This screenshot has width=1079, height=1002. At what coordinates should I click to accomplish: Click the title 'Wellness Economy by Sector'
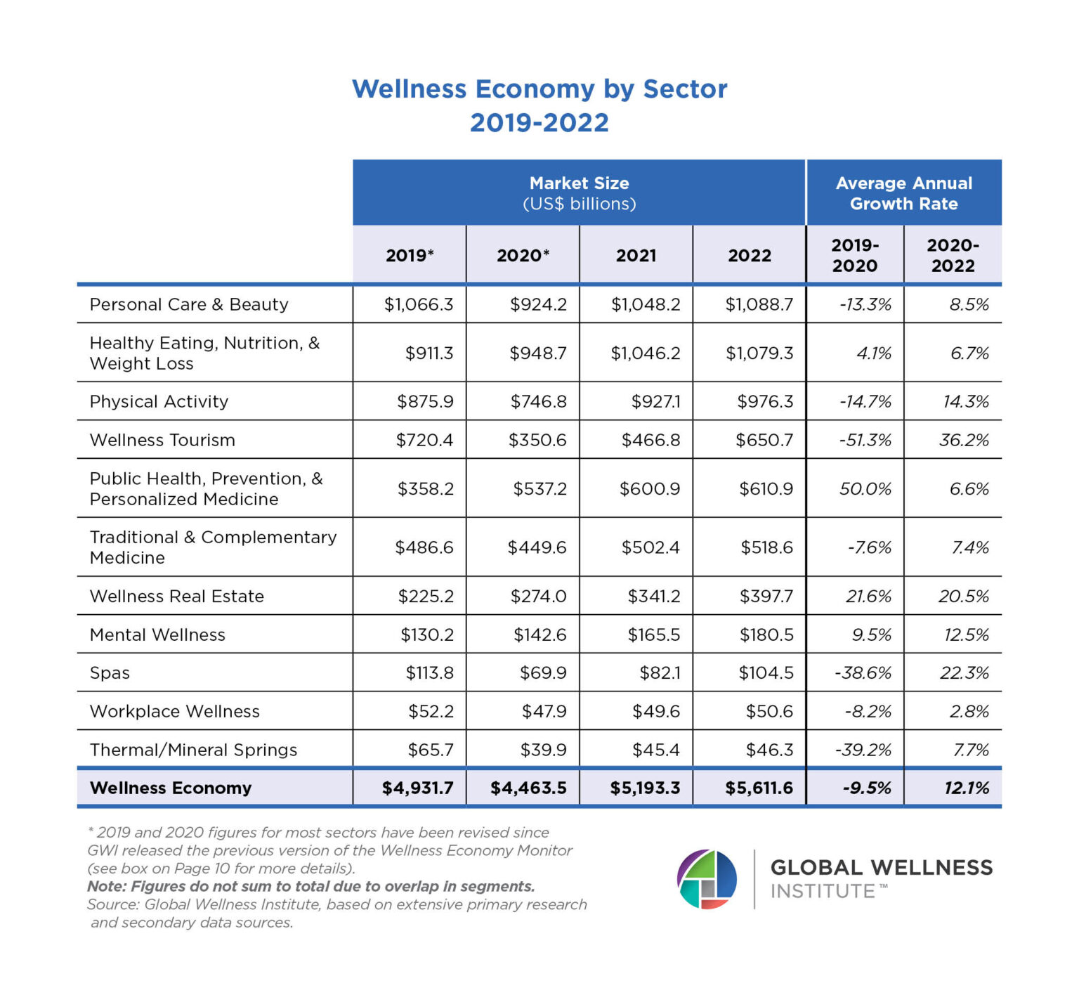point(539,89)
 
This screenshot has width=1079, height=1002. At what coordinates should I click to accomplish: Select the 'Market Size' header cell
point(579,193)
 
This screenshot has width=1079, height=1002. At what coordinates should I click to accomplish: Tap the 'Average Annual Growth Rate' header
point(903,193)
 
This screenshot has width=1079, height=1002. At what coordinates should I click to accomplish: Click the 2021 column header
point(636,255)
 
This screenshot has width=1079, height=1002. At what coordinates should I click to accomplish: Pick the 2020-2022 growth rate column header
point(953,255)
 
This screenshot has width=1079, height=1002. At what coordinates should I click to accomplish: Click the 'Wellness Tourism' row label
point(162,440)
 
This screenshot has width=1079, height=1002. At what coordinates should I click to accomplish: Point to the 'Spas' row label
point(110,672)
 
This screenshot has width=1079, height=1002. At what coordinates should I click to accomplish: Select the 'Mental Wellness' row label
point(157,635)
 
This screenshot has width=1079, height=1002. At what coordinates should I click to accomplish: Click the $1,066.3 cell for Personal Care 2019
point(418,304)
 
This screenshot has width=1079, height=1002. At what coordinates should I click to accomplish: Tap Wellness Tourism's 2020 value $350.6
point(537,440)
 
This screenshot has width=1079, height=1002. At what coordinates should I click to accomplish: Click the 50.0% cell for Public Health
point(865,488)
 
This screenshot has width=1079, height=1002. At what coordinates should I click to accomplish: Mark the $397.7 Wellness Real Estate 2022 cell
point(766,596)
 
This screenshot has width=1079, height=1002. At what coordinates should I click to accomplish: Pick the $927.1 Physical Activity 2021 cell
point(655,401)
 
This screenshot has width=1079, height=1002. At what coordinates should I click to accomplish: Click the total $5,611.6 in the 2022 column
point(759,788)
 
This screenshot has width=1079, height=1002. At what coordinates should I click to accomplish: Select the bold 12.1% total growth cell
point(966,788)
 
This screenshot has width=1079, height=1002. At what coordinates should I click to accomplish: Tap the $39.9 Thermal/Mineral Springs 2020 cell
point(543,750)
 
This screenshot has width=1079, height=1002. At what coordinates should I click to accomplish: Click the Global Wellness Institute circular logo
point(707,879)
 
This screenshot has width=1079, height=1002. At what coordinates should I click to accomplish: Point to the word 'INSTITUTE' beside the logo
point(823,891)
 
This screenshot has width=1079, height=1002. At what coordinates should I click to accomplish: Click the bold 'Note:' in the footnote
point(107,886)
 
